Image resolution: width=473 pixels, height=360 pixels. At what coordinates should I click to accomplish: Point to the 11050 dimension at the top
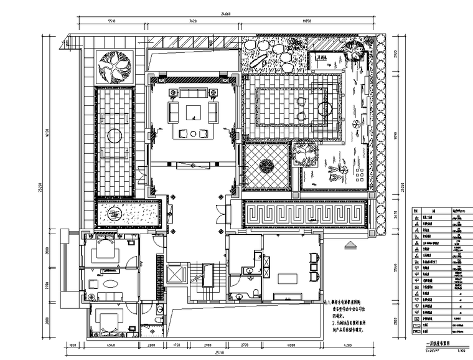(x=307, y=21)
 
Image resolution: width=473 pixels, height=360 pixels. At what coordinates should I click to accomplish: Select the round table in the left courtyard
(x=114, y=135)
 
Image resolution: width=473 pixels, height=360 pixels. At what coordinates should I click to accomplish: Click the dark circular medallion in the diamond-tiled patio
(x=266, y=166)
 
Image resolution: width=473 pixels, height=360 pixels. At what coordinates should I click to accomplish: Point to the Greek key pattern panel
(x=305, y=216)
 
